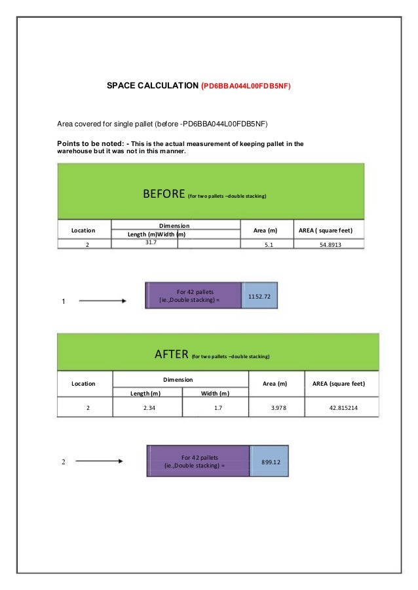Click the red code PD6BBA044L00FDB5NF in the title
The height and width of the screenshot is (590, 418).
(x=246, y=86)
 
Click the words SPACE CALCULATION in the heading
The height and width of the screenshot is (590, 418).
(x=153, y=86)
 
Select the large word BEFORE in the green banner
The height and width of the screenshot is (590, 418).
(x=164, y=194)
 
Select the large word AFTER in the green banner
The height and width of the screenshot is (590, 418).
(x=172, y=355)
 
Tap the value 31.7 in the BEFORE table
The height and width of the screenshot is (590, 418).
(x=150, y=242)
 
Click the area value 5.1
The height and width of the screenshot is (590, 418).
(x=269, y=245)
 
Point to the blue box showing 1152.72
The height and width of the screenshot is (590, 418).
(x=259, y=297)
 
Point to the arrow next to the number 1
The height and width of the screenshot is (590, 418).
(x=102, y=301)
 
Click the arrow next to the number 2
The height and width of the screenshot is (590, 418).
(x=100, y=462)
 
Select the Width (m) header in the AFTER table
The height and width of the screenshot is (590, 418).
(x=215, y=393)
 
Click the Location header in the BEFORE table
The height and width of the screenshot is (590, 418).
(x=83, y=230)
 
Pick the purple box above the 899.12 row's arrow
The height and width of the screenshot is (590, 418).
(x=199, y=462)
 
